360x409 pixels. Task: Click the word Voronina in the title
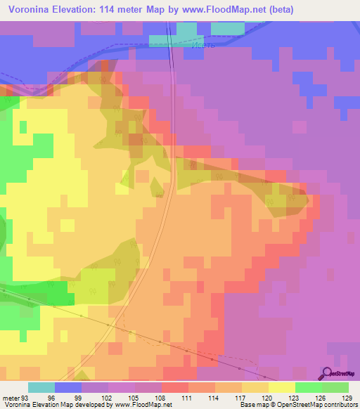[31, 10]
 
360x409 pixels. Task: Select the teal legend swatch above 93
[41, 387]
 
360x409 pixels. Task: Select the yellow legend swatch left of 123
[282, 387]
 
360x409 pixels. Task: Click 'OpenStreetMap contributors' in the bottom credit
[315, 405]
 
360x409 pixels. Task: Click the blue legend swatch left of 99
[68, 387]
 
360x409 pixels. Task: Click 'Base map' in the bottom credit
[252, 405]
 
